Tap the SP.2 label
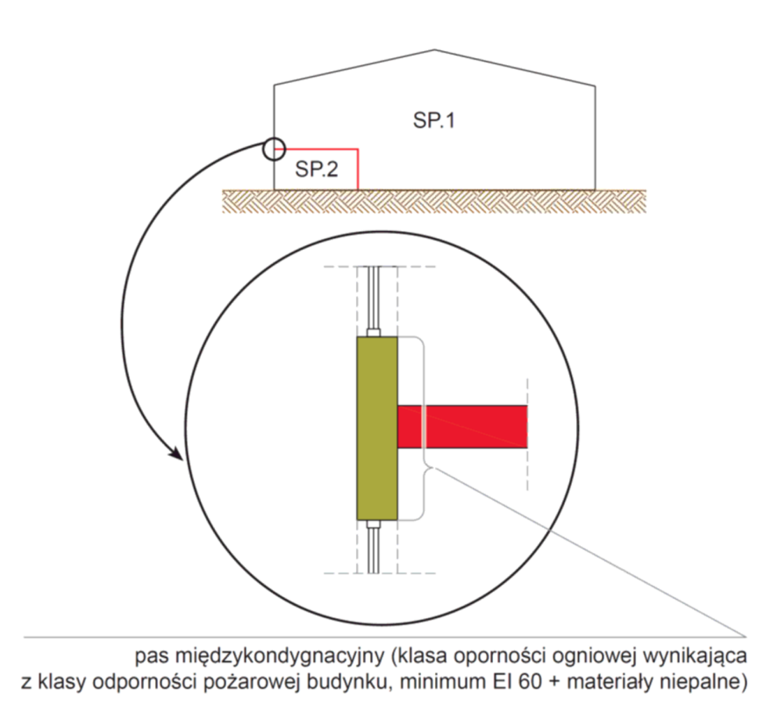click(x=316, y=169)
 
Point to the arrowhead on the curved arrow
click(x=177, y=452)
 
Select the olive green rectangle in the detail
click(x=377, y=428)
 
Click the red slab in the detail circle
click(x=462, y=428)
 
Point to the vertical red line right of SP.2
click(x=358, y=168)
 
